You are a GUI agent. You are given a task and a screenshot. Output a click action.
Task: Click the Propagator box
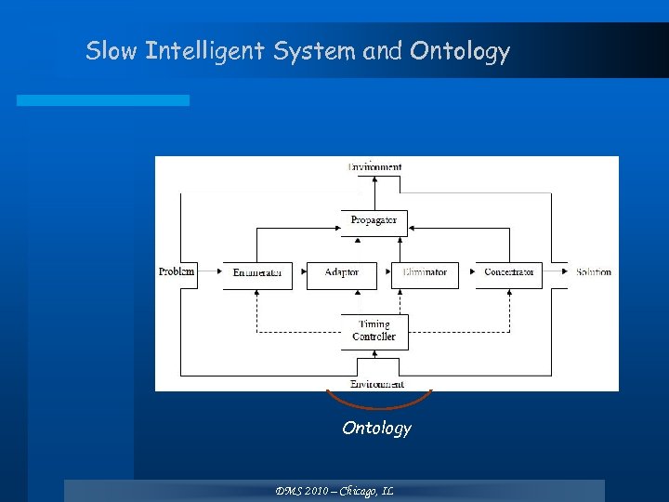374,221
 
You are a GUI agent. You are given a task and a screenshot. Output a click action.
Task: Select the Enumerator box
257,273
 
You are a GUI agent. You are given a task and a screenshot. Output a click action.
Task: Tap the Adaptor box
341,273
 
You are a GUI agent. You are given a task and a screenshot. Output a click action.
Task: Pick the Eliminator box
425,273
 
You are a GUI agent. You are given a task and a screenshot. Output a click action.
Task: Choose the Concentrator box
508,273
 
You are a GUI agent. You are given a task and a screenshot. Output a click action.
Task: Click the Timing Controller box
374,331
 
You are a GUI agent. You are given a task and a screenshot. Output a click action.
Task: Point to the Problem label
177,271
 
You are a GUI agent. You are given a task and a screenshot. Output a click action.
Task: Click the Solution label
593,272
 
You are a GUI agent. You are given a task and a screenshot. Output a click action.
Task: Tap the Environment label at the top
374,167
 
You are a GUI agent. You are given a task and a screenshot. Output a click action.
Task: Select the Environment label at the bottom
376,384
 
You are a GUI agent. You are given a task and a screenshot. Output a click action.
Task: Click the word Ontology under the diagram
376,428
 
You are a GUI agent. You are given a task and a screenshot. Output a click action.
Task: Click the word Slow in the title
111,50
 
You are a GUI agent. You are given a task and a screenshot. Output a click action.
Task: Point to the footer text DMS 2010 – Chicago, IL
334,490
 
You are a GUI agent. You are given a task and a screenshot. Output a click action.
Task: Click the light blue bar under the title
102,99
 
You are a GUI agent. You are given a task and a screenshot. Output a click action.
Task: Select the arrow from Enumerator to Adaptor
299,272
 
